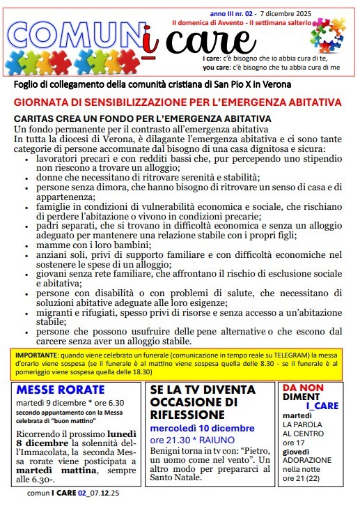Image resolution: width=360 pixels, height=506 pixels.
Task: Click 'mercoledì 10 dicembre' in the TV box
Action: [x=203, y=428]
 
